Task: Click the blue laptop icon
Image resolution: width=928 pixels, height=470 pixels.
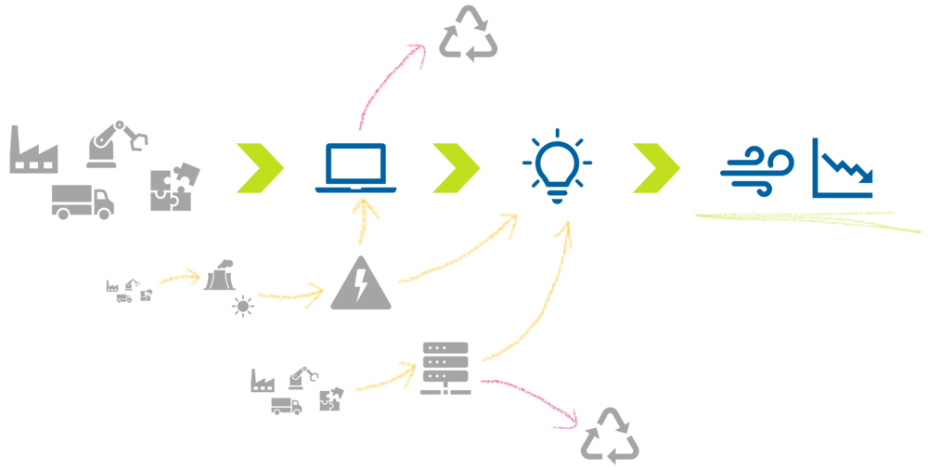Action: point(355,168)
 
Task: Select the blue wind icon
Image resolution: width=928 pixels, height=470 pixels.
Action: point(756,171)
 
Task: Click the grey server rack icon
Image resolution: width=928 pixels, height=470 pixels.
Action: point(445,368)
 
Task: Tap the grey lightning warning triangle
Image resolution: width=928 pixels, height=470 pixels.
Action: point(361,282)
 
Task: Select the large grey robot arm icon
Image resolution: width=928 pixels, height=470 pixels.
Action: point(115,144)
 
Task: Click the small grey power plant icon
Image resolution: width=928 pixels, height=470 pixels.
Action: point(219,275)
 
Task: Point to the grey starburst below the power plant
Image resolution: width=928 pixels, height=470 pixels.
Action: point(242,306)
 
